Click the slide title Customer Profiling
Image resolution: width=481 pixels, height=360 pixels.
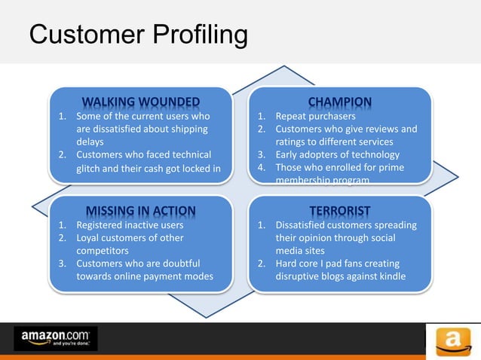pos(138,35)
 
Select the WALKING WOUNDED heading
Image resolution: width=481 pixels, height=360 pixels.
pos(141,102)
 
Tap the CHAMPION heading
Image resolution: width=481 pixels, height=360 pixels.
pos(339,102)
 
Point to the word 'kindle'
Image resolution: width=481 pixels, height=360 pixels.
pos(392,276)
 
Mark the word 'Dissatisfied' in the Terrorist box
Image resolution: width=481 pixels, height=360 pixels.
pos(306,224)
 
